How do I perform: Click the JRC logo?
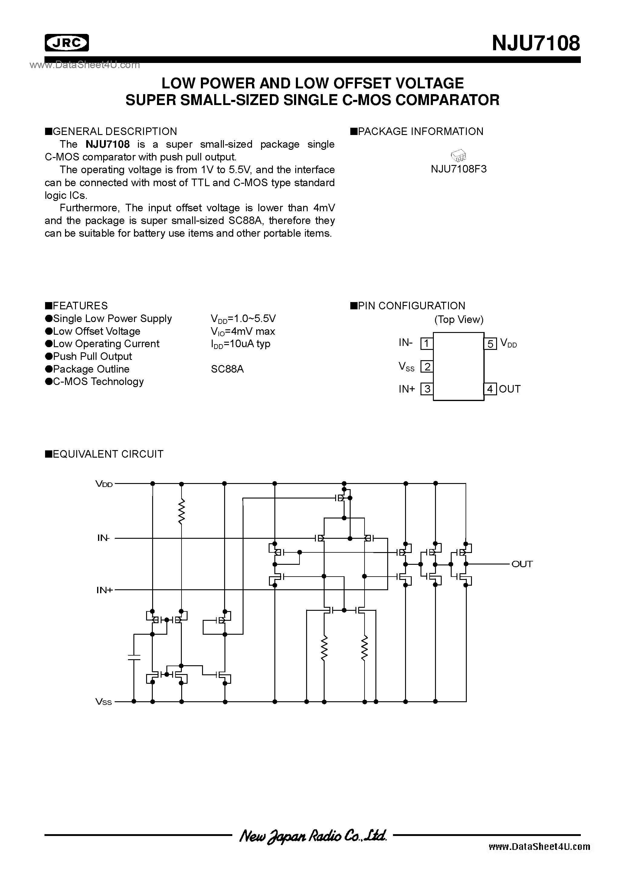click(67, 43)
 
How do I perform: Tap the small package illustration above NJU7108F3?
click(459, 155)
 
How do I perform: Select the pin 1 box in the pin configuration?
click(427, 343)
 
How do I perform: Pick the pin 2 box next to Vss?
click(427, 366)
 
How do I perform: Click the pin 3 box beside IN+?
click(427, 389)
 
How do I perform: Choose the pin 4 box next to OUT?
click(490, 389)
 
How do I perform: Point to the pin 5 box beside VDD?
click(490, 343)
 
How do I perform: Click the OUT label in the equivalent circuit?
click(522, 564)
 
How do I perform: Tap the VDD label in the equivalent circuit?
click(104, 484)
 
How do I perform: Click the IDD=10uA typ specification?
click(241, 344)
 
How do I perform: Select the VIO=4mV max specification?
click(243, 331)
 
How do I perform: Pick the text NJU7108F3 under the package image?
click(459, 169)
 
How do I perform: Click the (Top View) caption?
click(459, 320)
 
